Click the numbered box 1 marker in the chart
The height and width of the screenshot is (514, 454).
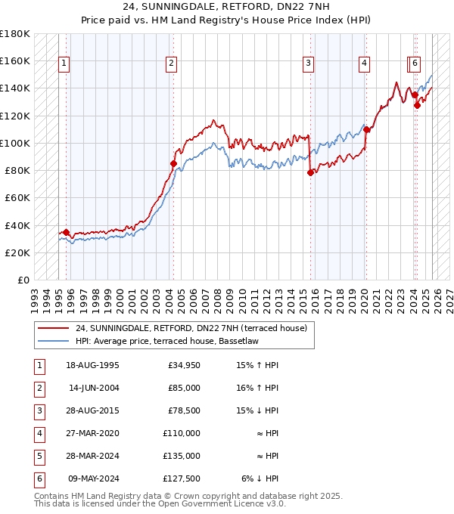[64, 64]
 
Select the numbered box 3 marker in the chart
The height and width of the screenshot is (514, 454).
[309, 64]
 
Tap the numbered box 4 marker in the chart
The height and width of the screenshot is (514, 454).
[365, 64]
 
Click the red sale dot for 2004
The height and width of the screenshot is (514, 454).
[174, 163]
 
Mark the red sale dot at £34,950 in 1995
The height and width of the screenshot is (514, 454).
[67, 232]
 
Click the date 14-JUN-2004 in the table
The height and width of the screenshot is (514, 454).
[93, 388]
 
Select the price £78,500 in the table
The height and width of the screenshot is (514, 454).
[184, 410]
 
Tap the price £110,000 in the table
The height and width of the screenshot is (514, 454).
[182, 433]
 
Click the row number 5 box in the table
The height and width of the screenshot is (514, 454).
[39, 456]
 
